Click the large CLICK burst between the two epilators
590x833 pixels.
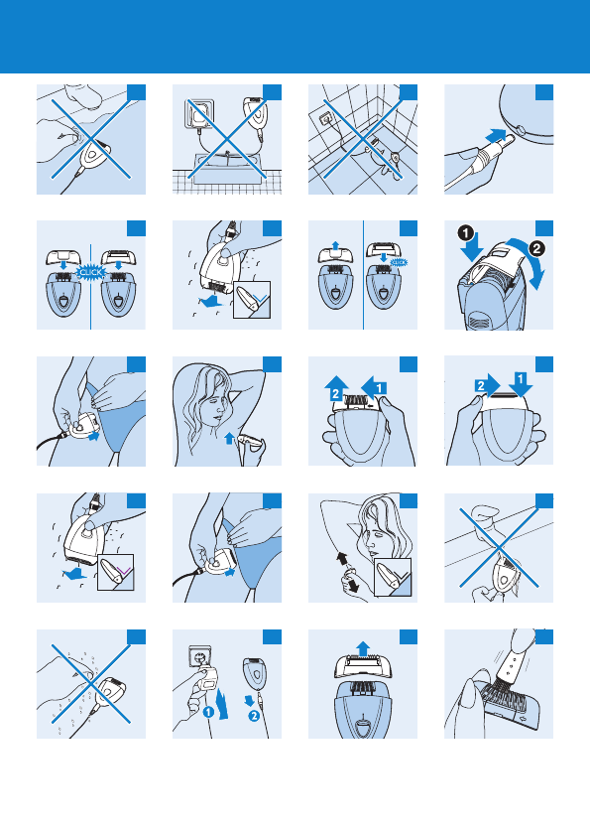pyautogui.click(x=90, y=272)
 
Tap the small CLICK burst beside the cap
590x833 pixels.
pyautogui.click(x=399, y=262)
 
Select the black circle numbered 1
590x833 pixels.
pyautogui.click(x=465, y=233)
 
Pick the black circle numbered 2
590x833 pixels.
pyautogui.click(x=536, y=248)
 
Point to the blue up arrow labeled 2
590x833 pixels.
pyautogui.click(x=336, y=389)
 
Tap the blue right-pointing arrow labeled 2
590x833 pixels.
pyautogui.click(x=487, y=385)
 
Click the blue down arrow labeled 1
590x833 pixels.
pyautogui.click(x=521, y=383)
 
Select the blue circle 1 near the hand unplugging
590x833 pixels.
pyautogui.click(x=208, y=711)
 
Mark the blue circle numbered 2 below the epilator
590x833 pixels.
pyautogui.click(x=254, y=716)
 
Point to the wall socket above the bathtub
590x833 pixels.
pyautogui.click(x=199, y=112)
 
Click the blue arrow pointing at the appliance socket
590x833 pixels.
pyautogui.click(x=497, y=135)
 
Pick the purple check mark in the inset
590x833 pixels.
pyautogui.click(x=125, y=571)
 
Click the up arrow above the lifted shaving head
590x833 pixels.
pyautogui.click(x=363, y=648)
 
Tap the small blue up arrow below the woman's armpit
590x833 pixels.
pyautogui.click(x=229, y=438)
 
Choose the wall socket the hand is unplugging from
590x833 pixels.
pyautogui.click(x=199, y=656)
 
